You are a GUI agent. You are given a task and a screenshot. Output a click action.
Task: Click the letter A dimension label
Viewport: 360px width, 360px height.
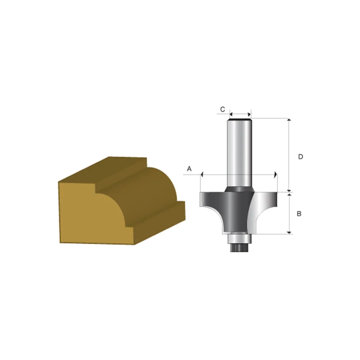(189, 168)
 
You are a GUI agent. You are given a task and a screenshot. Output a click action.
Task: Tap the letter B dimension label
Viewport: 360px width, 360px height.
(299, 213)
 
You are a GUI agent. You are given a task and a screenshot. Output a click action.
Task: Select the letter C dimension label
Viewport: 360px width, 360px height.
(222, 109)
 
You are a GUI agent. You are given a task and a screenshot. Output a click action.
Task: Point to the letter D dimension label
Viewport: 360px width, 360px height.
(301, 157)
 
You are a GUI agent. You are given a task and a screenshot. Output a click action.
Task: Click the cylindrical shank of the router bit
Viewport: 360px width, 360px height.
(238, 151)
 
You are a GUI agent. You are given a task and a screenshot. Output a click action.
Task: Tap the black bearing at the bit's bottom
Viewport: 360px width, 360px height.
(238, 246)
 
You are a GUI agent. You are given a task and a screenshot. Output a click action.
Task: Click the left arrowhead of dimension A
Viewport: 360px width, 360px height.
(202, 175)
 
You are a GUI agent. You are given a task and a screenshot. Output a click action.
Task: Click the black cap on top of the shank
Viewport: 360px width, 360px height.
(239, 118)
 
